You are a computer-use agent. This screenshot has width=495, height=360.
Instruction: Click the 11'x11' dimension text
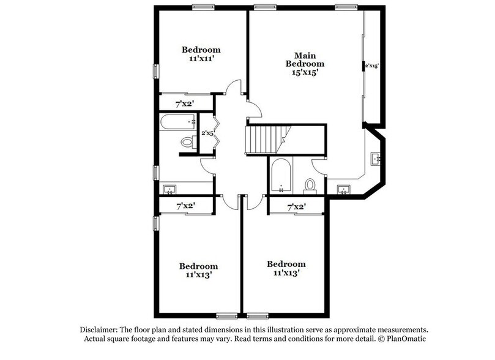[201, 60]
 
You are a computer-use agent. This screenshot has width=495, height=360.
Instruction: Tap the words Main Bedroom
[305, 59]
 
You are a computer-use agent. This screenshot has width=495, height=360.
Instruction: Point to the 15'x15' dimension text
[305, 72]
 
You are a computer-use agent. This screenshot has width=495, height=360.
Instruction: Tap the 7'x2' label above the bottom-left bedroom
[185, 206]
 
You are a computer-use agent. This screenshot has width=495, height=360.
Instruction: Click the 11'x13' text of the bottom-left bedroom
[198, 276]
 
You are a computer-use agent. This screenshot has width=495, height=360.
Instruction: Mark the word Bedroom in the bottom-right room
[286, 264]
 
